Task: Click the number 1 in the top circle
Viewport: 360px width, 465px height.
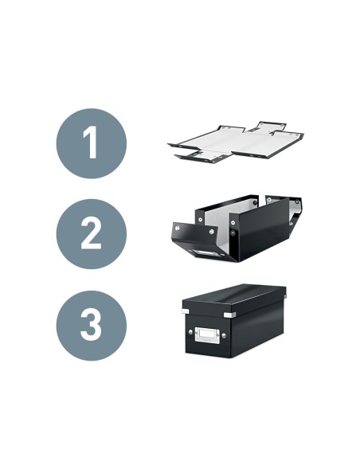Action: (91, 144)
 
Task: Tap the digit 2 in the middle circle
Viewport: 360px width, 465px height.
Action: (91, 234)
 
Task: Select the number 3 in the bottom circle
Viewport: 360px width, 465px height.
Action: (91, 325)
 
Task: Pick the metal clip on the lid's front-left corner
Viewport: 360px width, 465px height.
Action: (186, 311)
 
